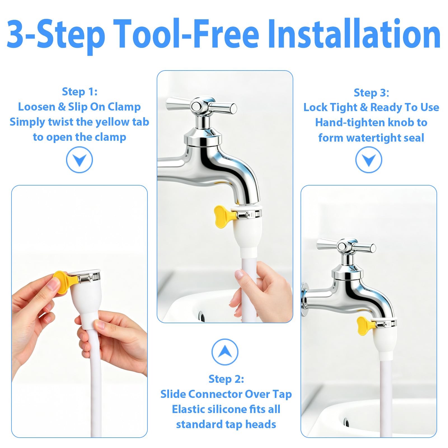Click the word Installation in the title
click(x=354, y=34)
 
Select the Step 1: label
click(x=80, y=92)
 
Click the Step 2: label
click(x=226, y=379)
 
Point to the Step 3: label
click(x=371, y=93)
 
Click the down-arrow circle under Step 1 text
click(x=79, y=160)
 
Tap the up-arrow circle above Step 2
click(x=225, y=352)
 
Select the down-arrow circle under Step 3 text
click(x=369, y=160)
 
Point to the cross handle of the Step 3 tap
click(x=346, y=247)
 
